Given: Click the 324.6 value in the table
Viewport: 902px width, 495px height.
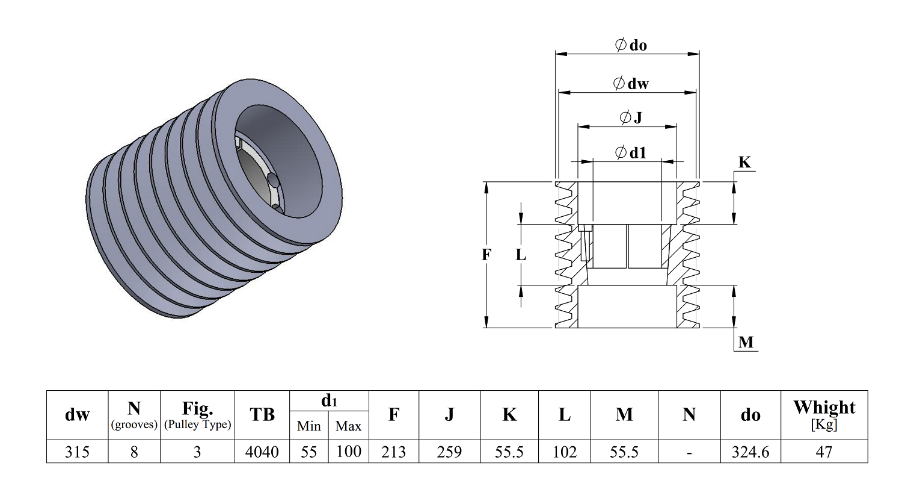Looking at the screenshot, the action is point(750,452).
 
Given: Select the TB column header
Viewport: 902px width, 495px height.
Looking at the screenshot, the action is point(262,414).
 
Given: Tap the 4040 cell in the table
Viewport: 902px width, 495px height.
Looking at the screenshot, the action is point(262,452).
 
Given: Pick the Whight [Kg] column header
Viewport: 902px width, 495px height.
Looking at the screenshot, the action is point(824,415).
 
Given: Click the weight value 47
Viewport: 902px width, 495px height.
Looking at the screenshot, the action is point(824,452).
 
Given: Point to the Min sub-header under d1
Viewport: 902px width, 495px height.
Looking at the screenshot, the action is point(309,426).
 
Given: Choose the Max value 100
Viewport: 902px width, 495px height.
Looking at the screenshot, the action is point(349,451).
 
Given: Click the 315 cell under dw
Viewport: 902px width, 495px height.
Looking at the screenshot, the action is point(77,452).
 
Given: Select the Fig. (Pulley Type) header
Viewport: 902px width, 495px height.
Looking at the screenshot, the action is point(197,415).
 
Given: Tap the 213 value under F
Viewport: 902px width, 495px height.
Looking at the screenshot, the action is point(393,452).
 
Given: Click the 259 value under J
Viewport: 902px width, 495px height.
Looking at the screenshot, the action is point(449,452).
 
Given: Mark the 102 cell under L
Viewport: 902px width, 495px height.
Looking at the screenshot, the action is point(565,452).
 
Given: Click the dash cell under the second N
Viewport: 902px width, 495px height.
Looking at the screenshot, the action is point(689,453).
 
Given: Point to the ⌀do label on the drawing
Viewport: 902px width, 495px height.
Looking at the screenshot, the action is point(631,45).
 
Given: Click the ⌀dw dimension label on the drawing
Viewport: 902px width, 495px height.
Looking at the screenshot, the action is point(631,84).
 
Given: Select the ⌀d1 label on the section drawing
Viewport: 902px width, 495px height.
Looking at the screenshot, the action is point(631,153).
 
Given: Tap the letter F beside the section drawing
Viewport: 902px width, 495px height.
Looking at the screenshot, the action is point(486,255).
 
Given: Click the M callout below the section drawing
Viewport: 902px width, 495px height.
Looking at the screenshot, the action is point(746,342).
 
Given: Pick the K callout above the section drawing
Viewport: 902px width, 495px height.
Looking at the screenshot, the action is point(744,162).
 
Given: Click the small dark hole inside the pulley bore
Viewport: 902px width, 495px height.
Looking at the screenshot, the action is point(272,179).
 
